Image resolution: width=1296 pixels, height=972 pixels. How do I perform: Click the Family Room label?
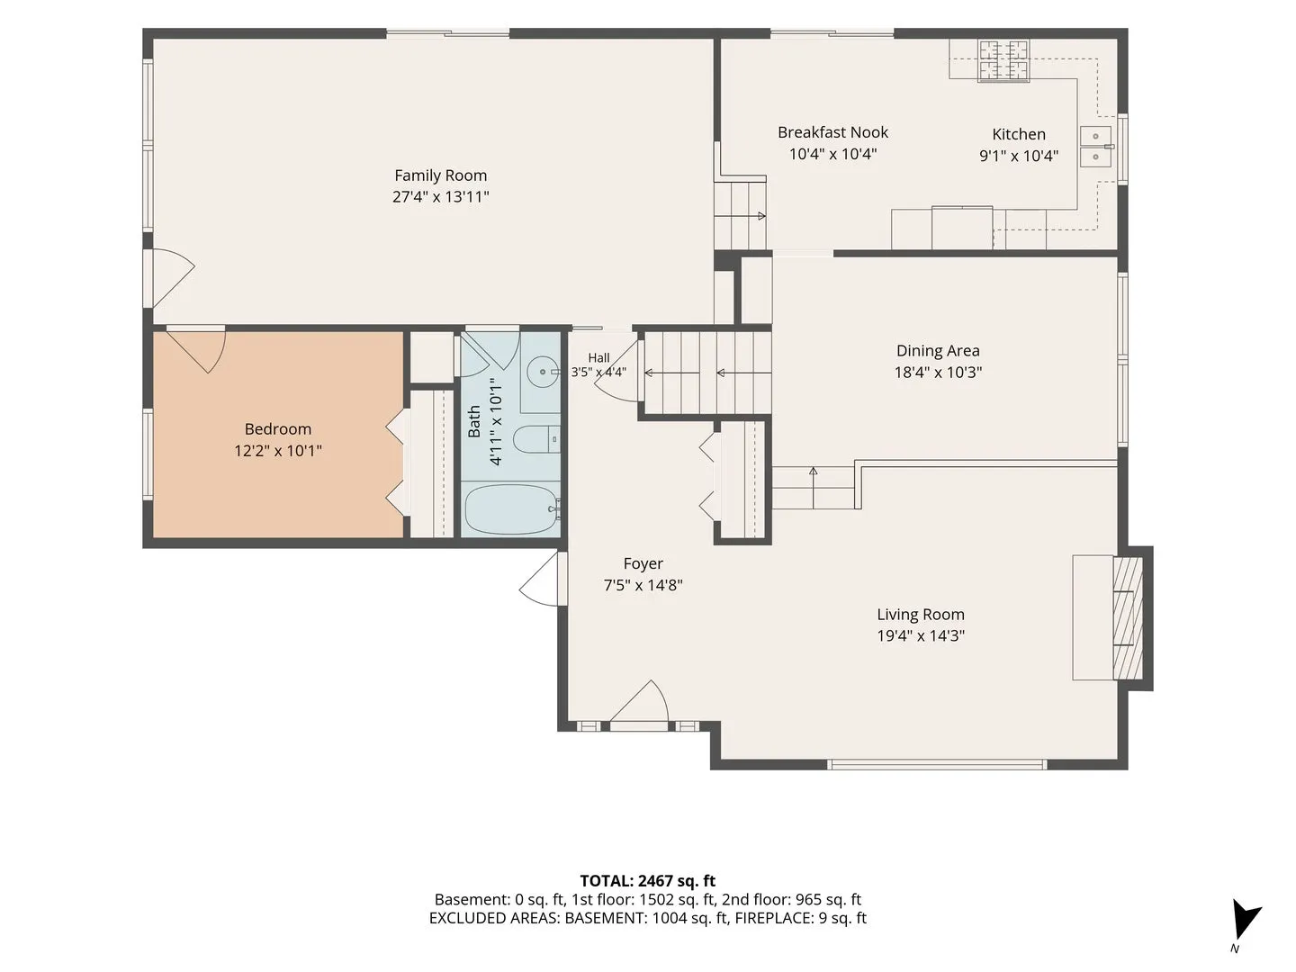[x=440, y=175]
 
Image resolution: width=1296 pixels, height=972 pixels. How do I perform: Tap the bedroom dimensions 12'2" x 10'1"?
[x=277, y=451]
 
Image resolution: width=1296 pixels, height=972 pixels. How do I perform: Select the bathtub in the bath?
[x=510, y=509]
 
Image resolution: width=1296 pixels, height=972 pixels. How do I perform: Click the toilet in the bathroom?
[x=535, y=440]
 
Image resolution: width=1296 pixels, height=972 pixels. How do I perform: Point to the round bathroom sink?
[x=543, y=372]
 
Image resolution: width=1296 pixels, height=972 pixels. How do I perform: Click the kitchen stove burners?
[x=1003, y=60]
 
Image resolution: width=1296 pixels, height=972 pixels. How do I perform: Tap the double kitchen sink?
[x=1096, y=147]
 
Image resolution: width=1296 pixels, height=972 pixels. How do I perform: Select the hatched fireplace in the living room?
[x=1128, y=618]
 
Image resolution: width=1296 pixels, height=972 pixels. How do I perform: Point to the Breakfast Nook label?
[x=832, y=132]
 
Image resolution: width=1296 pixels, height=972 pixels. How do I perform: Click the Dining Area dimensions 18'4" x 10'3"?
[x=938, y=373]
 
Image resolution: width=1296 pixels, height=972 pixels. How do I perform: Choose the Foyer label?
[x=643, y=563]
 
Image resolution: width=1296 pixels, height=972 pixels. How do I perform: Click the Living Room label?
[x=921, y=615]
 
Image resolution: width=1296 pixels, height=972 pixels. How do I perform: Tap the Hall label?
[x=598, y=357]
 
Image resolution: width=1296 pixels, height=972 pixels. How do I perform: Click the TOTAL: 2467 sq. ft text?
[x=648, y=881]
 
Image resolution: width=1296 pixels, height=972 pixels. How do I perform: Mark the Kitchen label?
[x=1019, y=134]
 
